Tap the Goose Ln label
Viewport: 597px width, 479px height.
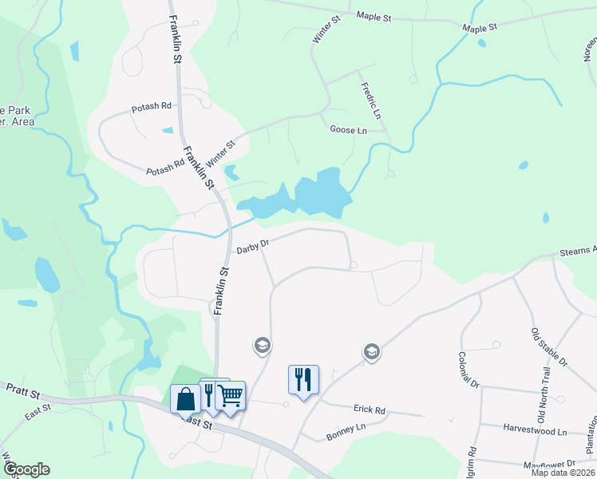click(x=348, y=130)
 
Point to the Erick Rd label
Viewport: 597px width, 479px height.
click(x=370, y=410)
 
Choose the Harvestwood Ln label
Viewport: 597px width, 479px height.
click(x=535, y=430)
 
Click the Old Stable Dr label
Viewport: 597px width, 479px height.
click(x=549, y=346)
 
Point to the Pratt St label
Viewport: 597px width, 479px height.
click(x=20, y=387)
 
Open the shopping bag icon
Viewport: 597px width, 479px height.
click(x=185, y=397)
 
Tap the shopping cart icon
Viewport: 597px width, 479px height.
click(x=230, y=394)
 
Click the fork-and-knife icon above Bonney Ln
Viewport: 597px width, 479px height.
click(x=303, y=379)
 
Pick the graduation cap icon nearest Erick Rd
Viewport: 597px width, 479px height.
click(x=371, y=350)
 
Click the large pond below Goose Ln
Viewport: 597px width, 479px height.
click(x=319, y=193)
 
